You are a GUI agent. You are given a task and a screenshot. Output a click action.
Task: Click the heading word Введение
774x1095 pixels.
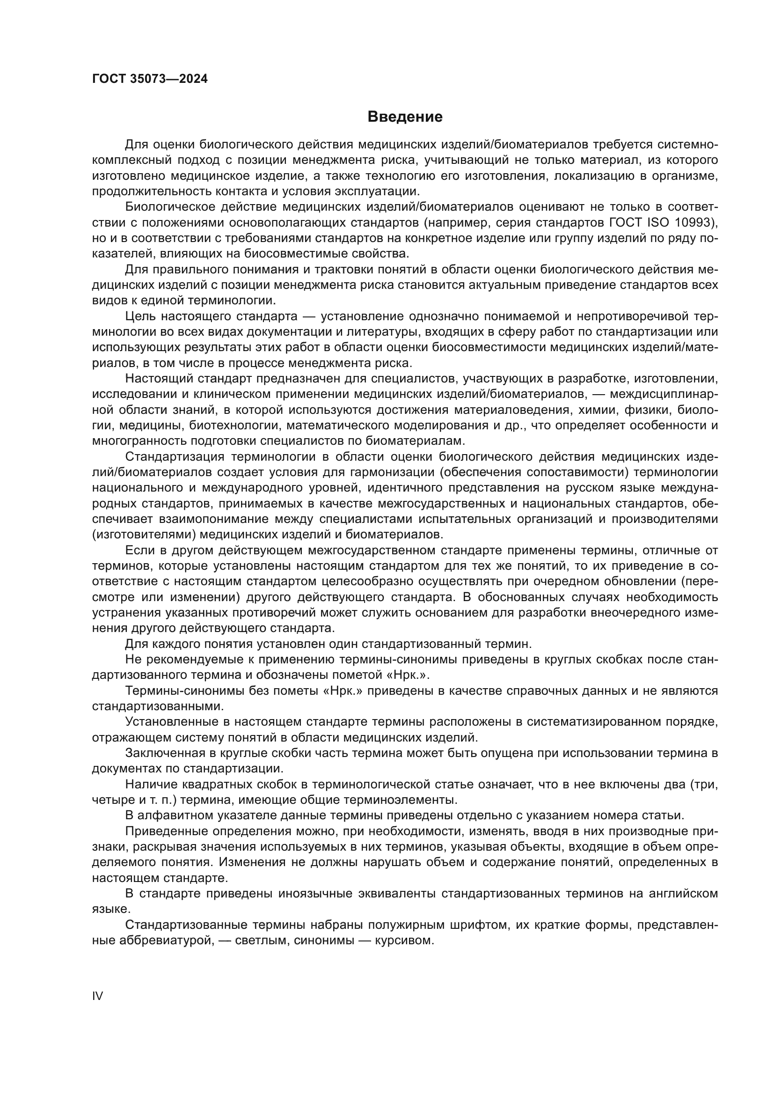405,117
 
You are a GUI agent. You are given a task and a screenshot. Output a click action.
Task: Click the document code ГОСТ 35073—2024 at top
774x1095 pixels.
150,79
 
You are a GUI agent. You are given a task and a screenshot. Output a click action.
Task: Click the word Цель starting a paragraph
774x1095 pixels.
139,316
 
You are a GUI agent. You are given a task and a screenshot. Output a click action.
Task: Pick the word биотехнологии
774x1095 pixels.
234,425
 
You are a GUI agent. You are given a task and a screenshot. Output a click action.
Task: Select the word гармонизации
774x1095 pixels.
392,472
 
